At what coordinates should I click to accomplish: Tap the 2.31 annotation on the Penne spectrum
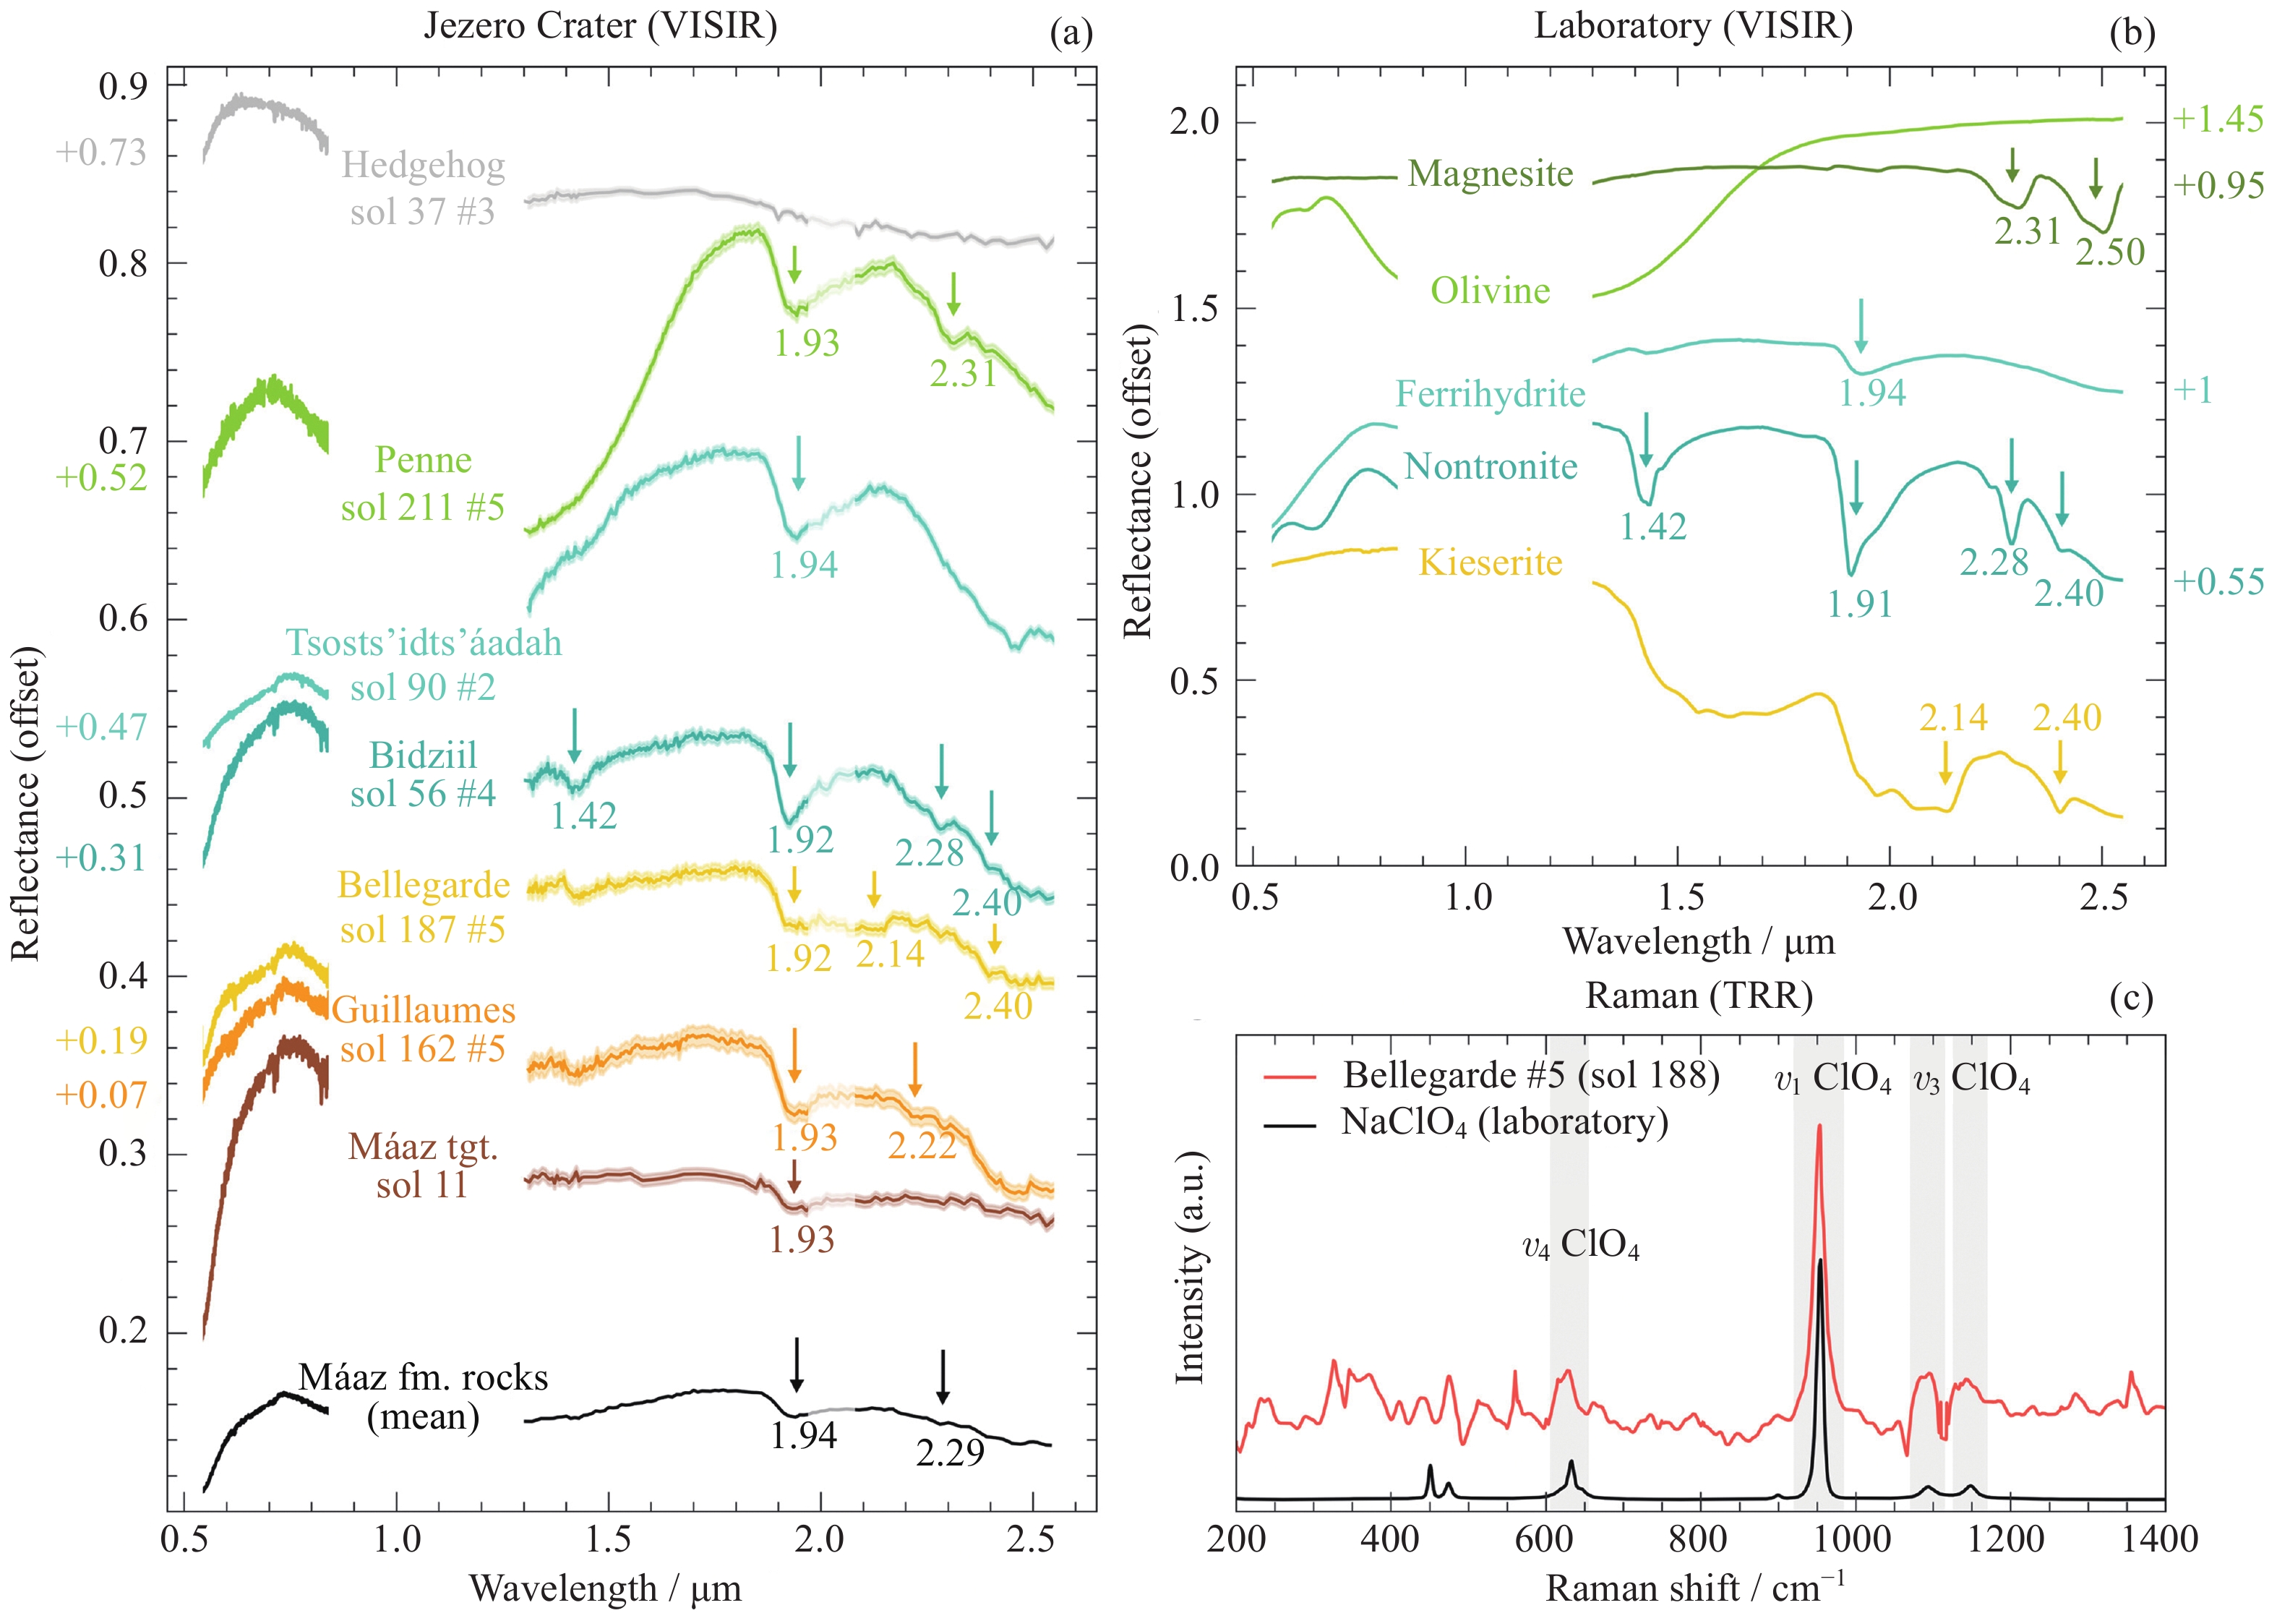coord(962,374)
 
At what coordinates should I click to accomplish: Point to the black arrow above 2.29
coord(943,1376)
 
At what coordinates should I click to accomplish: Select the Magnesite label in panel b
coord(1490,174)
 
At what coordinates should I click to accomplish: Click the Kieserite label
coord(1490,562)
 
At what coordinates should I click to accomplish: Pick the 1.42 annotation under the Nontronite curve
coord(1652,526)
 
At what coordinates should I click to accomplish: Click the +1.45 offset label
coord(2218,119)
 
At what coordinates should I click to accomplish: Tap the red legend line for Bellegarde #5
coord(1289,1077)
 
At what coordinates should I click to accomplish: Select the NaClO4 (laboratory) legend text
coord(1504,1122)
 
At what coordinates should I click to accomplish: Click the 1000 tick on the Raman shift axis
coord(1853,1539)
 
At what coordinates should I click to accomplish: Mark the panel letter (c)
coord(2131,997)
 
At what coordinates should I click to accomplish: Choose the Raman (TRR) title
coord(1698,996)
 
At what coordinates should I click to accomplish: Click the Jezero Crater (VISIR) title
coord(600,25)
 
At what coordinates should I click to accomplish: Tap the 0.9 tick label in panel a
coord(122,87)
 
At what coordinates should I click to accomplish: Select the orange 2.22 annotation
coord(922,1145)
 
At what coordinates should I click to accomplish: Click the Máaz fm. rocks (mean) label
coord(423,1397)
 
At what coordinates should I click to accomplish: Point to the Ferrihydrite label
coord(1490,394)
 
